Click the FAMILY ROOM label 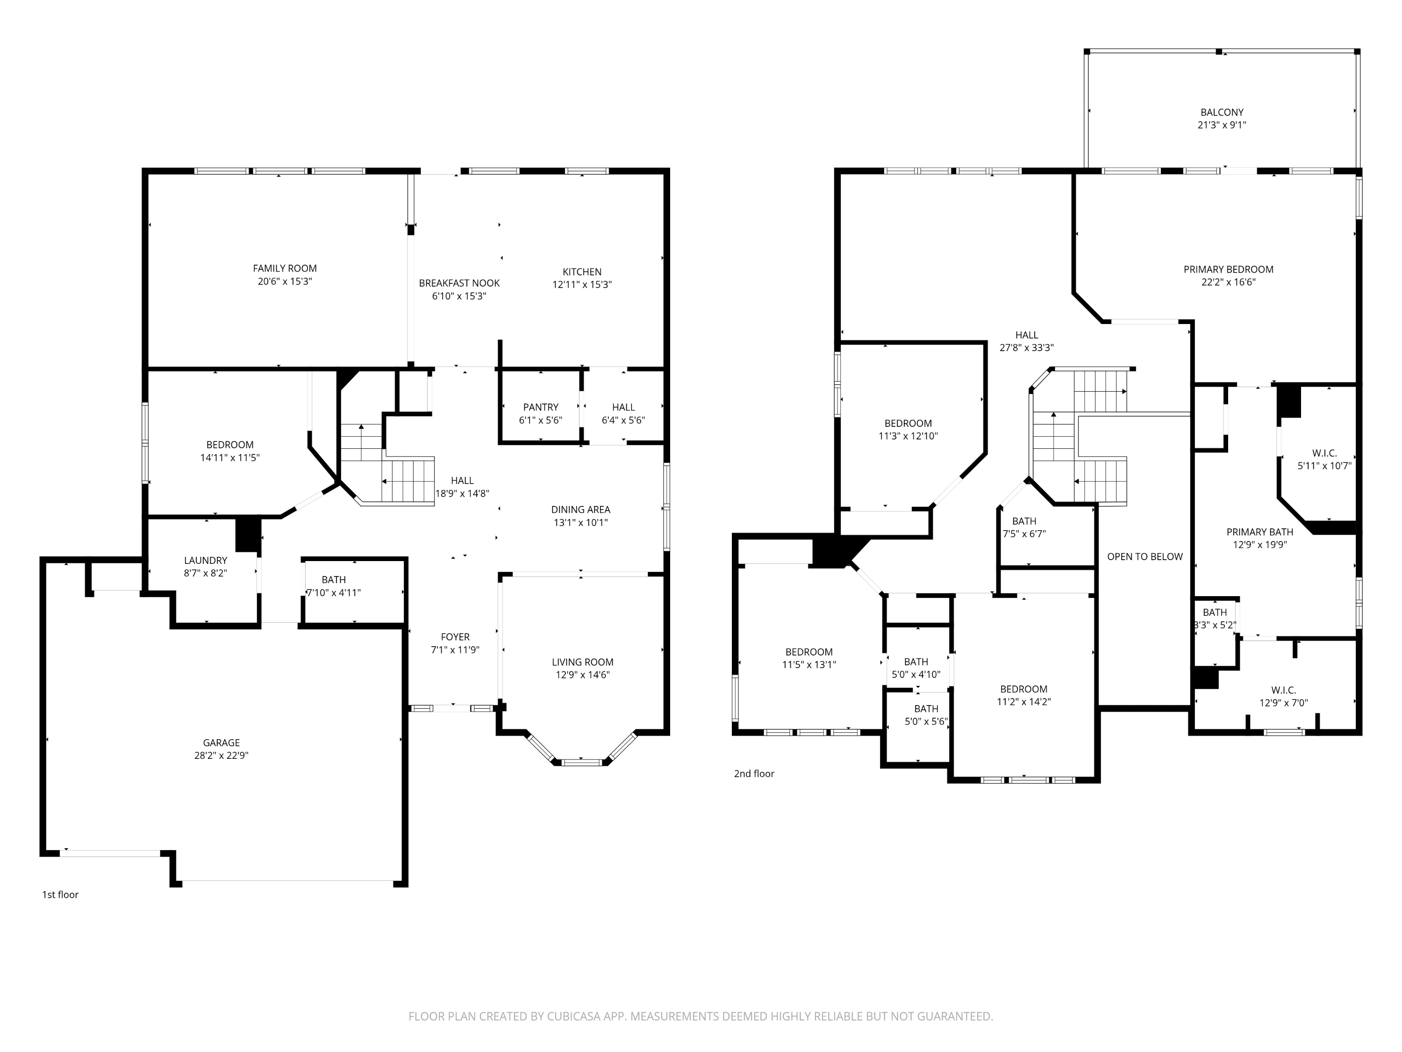click(x=285, y=268)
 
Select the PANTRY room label click(x=541, y=407)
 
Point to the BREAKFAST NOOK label click(x=459, y=283)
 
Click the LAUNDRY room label click(x=205, y=561)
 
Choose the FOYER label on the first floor click(x=455, y=637)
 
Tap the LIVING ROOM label click(x=582, y=662)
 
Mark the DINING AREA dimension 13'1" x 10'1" click(x=580, y=523)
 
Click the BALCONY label click(x=1221, y=112)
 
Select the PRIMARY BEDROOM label click(x=1228, y=269)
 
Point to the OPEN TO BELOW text click(x=1144, y=557)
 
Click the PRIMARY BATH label click(x=1259, y=532)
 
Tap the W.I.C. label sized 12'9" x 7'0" click(x=1283, y=690)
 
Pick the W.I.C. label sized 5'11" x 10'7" click(x=1324, y=454)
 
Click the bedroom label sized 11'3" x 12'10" click(x=908, y=424)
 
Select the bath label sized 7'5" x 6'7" click(x=1023, y=521)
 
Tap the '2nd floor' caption click(x=754, y=774)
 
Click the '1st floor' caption click(x=60, y=895)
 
